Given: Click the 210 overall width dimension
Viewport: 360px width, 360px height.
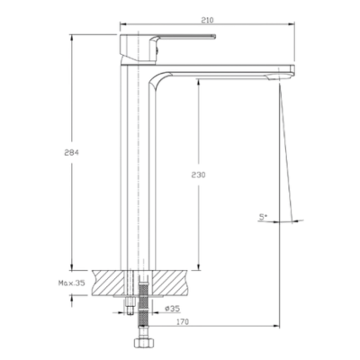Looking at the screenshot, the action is pyautogui.click(x=207, y=21).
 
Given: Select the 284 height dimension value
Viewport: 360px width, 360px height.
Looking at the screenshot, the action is pyautogui.click(x=71, y=152).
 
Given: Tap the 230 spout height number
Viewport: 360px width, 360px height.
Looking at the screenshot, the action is pyautogui.click(x=198, y=175).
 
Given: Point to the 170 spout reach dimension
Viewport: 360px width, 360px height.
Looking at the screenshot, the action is pyautogui.click(x=183, y=322).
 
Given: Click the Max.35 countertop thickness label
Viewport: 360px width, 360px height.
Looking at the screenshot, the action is pyautogui.click(x=72, y=283).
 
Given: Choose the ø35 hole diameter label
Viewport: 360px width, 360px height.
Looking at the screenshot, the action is pyautogui.click(x=172, y=309).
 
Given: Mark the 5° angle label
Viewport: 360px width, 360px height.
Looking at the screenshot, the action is pyautogui.click(x=263, y=217).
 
